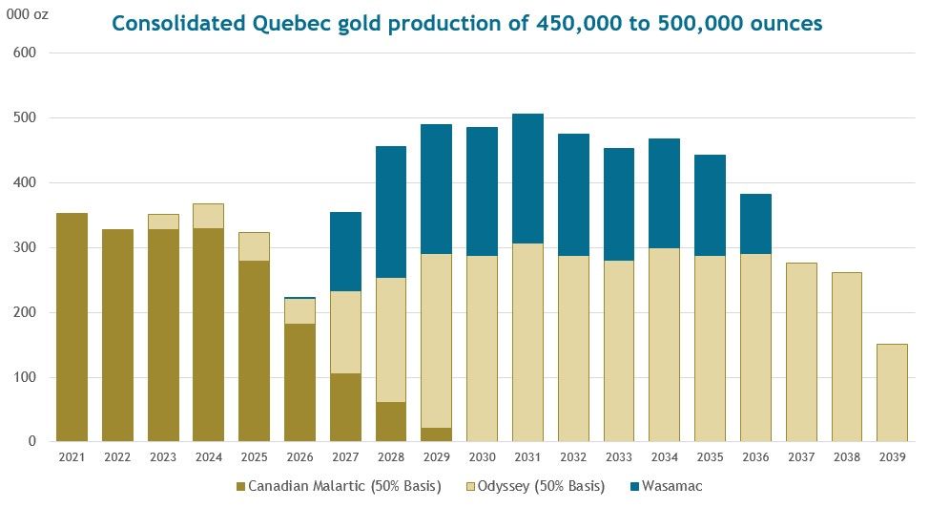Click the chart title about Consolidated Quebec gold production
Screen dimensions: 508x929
click(466, 23)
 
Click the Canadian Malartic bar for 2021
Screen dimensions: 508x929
click(72, 327)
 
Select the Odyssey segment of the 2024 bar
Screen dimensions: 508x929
click(209, 216)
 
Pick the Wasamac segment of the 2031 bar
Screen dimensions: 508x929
click(527, 179)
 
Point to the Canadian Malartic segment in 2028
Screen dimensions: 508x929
click(392, 421)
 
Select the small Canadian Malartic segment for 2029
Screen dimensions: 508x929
click(437, 434)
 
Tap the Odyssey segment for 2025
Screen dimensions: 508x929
click(254, 246)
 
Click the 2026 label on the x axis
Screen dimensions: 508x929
click(299, 456)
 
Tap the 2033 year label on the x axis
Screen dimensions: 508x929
click(618, 456)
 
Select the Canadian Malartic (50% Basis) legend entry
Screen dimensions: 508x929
click(343, 486)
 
